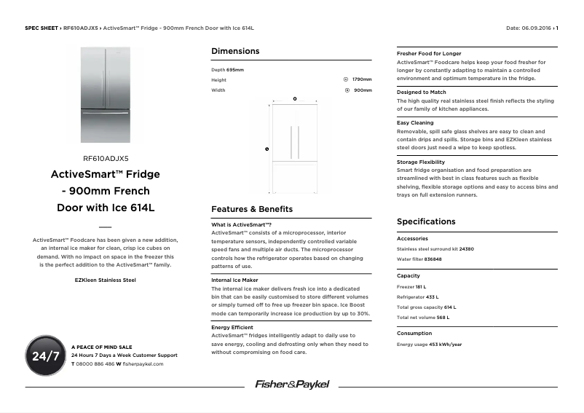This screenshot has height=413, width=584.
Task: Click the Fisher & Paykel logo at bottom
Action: click(x=291, y=384)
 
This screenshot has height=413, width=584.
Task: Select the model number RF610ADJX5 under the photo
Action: click(x=106, y=157)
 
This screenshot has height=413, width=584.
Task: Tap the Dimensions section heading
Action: click(x=234, y=51)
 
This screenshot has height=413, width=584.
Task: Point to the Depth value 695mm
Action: click(x=235, y=70)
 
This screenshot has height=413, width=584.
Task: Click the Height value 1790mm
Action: click(x=362, y=79)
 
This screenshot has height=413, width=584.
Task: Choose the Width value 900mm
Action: click(x=363, y=90)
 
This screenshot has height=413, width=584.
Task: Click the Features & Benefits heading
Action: click(x=252, y=209)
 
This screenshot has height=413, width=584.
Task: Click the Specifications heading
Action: click(x=426, y=221)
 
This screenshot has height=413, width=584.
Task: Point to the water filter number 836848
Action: click(x=433, y=259)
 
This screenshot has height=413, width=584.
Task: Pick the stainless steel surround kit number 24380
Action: click(x=466, y=249)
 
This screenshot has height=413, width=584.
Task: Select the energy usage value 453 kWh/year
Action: click(x=445, y=345)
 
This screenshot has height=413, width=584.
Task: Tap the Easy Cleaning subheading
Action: click(x=415, y=123)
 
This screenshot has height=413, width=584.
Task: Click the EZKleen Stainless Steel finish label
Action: click(x=105, y=280)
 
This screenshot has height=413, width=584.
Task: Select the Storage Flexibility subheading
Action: click(x=421, y=162)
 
